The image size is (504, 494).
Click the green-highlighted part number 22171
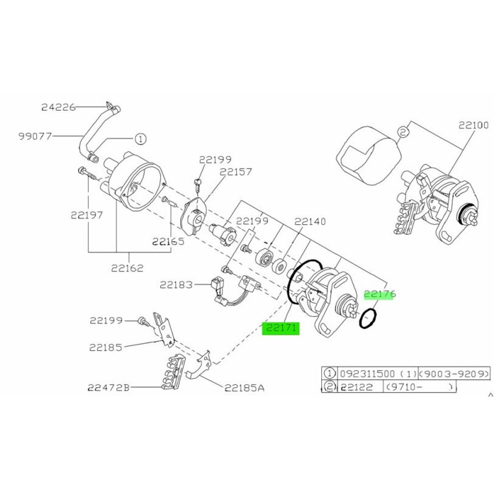pyautogui.click(x=281, y=328)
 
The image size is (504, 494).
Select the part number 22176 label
pyautogui.click(x=380, y=294)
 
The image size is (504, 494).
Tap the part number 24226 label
pyautogui.click(x=59, y=107)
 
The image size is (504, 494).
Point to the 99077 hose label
pyautogui.click(x=35, y=136)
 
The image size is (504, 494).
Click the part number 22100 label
pyautogui.click(x=473, y=125)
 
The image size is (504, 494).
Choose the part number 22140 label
pyautogui.click(x=310, y=222)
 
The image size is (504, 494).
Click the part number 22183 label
pyautogui.click(x=177, y=285)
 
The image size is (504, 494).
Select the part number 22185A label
pyautogui.click(x=244, y=388)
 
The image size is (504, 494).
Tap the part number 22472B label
pyautogui.click(x=108, y=388)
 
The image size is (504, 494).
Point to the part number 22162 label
pyautogui.click(x=128, y=268)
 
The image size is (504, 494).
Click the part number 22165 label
pyautogui.click(x=169, y=241)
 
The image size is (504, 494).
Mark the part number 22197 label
pyautogui.click(x=87, y=215)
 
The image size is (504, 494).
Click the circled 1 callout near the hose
pyautogui.click(x=140, y=139)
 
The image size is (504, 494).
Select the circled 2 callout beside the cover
pyautogui.click(x=403, y=131)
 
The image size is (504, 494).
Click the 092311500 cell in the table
pyautogui.click(x=367, y=373)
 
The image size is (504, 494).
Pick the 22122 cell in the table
pyautogui.click(x=356, y=386)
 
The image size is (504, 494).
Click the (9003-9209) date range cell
pyautogui.click(x=454, y=373)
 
